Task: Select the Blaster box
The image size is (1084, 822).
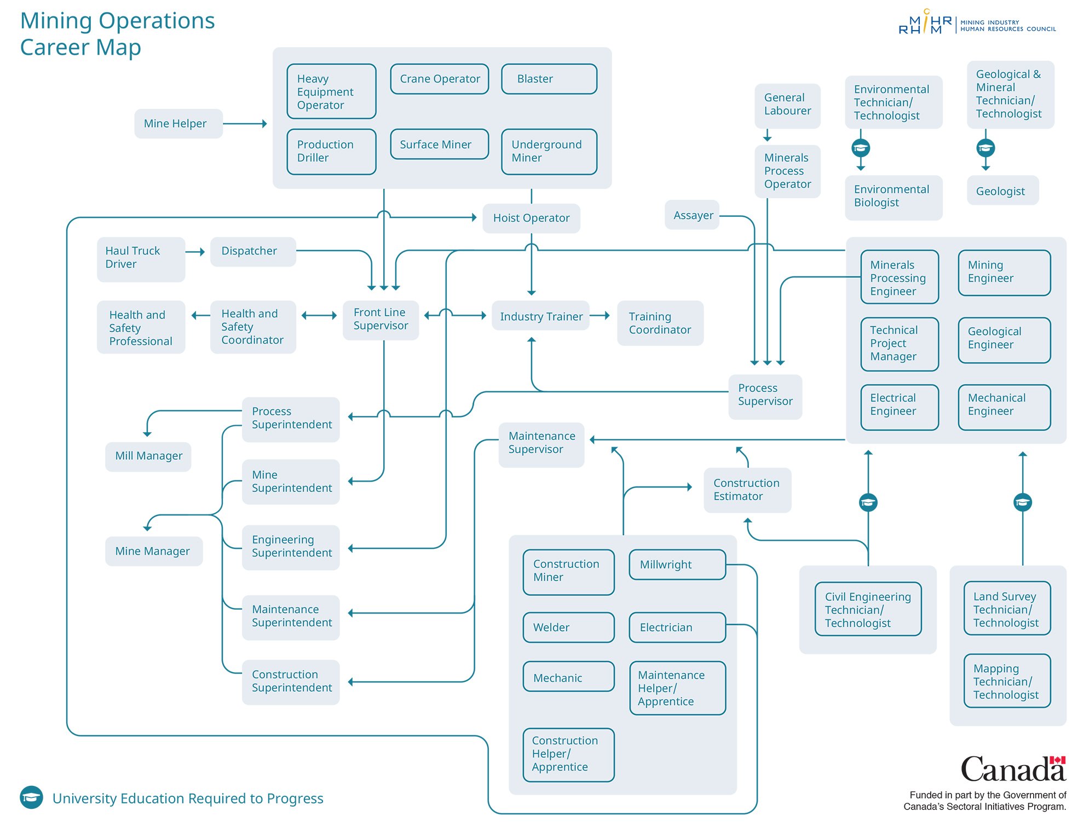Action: pos(549,79)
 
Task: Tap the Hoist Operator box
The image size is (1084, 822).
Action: pos(531,218)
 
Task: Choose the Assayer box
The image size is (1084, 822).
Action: pos(693,215)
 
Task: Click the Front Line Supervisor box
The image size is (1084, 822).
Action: pos(380,320)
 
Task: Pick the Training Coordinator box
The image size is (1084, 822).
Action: pos(660,323)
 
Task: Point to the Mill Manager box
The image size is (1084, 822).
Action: pos(148,456)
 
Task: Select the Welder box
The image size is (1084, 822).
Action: pos(568,627)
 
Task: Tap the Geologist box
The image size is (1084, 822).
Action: pos(1002,191)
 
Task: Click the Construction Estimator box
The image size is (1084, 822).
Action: pos(747,490)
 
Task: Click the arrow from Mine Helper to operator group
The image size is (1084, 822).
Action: pos(245,124)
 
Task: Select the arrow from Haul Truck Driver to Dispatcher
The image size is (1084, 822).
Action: pos(195,252)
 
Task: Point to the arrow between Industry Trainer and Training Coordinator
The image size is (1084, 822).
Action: pos(600,316)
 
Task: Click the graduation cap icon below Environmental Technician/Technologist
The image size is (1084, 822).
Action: pos(861,148)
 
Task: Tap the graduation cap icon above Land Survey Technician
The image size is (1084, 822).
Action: pos(1022,502)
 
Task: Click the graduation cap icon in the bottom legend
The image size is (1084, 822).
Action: pos(31,797)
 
